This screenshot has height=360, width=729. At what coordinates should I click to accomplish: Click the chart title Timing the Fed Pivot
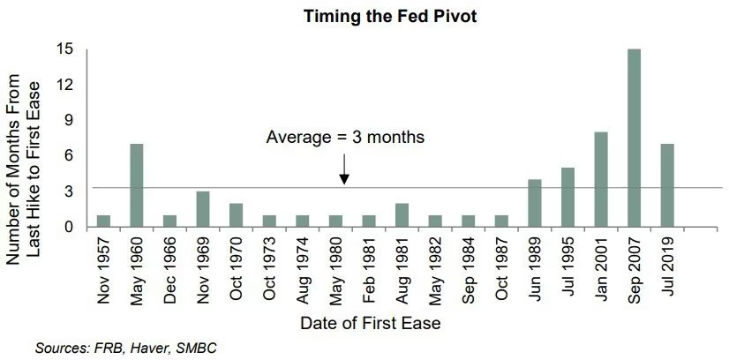390,16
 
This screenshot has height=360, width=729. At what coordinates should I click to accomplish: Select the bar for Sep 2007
634,139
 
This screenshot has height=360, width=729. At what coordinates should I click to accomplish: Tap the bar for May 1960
137,186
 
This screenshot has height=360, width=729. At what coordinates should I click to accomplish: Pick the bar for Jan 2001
601,180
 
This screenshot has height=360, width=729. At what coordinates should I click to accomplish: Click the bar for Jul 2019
667,186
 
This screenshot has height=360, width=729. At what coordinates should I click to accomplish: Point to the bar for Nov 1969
203,209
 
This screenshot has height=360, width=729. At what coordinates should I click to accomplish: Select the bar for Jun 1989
535,204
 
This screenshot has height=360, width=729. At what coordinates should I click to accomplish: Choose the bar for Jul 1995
567,198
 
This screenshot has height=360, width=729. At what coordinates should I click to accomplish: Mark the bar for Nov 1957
103,221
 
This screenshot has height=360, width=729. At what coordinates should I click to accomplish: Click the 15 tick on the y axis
66,49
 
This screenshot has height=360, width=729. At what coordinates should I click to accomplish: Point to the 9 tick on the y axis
71,120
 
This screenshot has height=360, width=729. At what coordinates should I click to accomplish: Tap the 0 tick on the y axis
71,227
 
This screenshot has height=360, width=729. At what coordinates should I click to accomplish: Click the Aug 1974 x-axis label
303,271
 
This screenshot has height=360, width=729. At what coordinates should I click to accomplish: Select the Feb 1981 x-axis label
369,271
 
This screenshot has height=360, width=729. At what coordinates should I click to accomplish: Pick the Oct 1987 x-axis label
501,271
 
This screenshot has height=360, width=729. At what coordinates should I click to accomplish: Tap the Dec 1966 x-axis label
170,271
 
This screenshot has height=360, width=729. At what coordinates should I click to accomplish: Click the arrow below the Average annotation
344,169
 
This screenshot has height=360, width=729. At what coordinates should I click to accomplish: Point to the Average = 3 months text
345,138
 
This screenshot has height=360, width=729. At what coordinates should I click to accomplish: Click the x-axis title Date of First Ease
370,323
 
